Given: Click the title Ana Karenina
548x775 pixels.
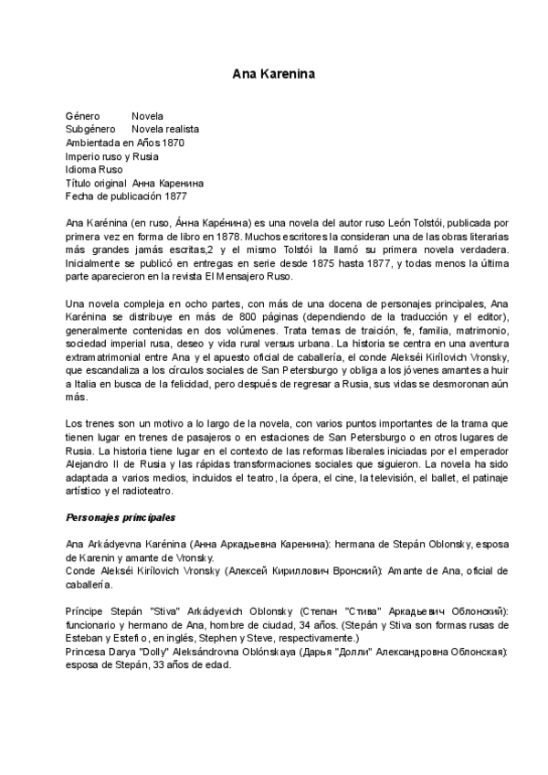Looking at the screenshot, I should [x=273, y=72].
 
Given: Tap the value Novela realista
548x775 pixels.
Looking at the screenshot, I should [x=164, y=130].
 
